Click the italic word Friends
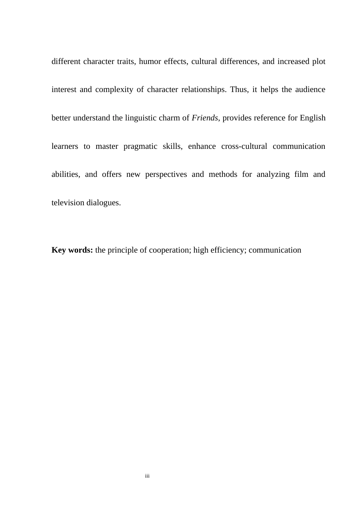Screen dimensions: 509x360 pos(205,118)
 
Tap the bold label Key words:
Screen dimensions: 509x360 pos(72,250)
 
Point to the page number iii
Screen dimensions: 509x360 pos(147,476)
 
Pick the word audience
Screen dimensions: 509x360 pos(310,90)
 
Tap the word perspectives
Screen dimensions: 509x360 pos(166,175)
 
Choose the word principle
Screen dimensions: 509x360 pos(124,250)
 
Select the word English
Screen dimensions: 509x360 pos(313,118)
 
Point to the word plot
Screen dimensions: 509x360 pos(319,61)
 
